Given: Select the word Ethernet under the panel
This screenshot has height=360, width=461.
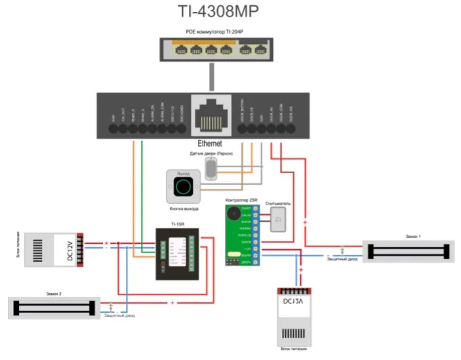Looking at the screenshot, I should pos(210,143).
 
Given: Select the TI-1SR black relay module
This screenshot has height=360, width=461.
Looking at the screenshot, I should pos(178,253).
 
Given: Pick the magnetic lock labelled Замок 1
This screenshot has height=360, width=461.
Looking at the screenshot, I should pos(409,250).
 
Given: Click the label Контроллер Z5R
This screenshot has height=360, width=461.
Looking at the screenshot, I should pos(242,199).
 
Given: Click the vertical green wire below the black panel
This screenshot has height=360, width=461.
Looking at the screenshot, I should pos(142,190).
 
